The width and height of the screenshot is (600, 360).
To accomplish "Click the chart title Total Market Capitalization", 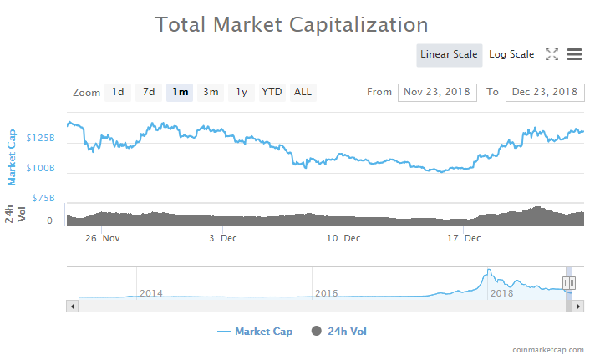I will pos(292,25).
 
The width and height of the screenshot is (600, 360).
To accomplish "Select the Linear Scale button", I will pos(449,55).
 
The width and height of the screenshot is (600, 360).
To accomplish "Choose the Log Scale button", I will pos(511,55).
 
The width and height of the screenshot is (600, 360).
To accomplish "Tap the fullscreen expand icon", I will pos(552,54).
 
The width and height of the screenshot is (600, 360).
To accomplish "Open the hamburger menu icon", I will pos(574,54).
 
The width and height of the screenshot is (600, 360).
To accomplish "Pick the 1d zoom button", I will pos(118,92).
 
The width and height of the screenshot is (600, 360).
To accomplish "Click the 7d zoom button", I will pos(148,92).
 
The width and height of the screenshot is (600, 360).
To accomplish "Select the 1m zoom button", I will pos(180,92).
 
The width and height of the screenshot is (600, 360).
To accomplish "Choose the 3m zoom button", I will pos(211,92).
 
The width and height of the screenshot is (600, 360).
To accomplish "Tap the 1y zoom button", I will pos(241,92).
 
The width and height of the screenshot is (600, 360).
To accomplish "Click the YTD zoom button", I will pos(272,92).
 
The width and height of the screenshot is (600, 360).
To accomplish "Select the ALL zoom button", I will pos(303,92).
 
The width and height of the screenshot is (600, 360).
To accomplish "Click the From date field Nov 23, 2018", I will pos(437,92).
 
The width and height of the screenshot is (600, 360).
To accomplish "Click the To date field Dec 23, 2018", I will pos(544,92).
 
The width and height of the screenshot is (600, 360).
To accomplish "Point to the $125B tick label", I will pos(40,138).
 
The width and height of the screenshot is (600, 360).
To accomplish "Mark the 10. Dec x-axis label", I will pos(344,238).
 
